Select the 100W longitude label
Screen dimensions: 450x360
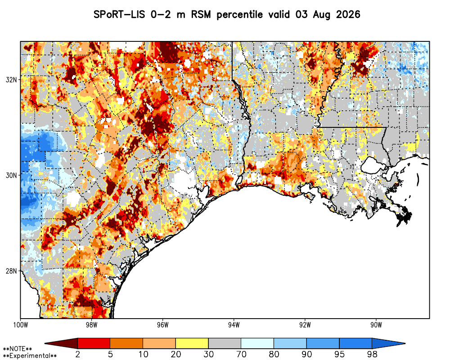20,325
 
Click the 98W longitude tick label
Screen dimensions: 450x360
91,325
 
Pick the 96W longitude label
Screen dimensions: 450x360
163,325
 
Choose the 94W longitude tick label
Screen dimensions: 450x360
234,325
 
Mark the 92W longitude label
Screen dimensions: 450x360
305,325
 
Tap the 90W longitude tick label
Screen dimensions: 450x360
376,325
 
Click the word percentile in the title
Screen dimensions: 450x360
240,15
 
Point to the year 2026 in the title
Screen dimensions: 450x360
348,14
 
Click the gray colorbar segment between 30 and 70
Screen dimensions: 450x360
225,343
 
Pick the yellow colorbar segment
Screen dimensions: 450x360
192,343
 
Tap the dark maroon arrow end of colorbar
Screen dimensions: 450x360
61,343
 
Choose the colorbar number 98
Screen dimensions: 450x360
372,354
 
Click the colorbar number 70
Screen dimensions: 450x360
241,354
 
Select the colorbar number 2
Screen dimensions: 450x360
78,354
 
